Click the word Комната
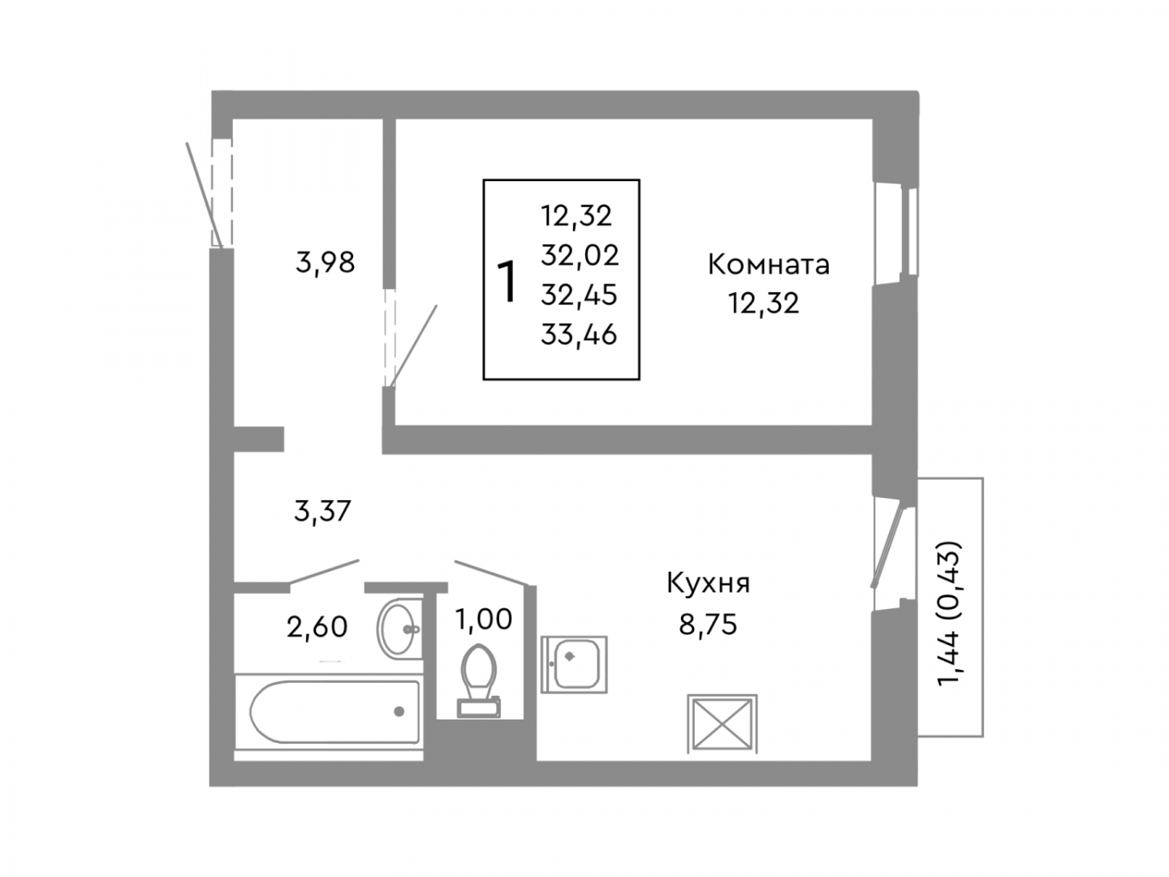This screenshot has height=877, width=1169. point(768,265)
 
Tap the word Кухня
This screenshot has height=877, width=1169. point(709,583)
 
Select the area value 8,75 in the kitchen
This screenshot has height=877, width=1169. point(708,624)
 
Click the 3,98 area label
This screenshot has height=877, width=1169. point(325,262)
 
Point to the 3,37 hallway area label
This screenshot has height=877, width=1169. point(322,512)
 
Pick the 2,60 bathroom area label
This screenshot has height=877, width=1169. point(317,627)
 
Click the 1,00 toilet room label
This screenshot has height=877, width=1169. point(484,620)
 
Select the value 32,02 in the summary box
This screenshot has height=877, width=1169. point(580,256)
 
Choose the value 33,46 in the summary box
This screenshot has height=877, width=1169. point(579,335)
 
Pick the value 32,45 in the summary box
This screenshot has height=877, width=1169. point(579,295)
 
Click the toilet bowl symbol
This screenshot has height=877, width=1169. point(478,680)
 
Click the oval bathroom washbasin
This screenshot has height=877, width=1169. point(399,629)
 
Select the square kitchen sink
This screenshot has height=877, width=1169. point(574,664)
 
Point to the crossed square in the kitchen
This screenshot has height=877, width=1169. point(722,724)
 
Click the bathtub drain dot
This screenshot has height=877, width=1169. point(399,711)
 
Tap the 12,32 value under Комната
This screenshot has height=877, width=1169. point(764,304)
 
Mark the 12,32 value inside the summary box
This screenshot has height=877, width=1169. point(576,216)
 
